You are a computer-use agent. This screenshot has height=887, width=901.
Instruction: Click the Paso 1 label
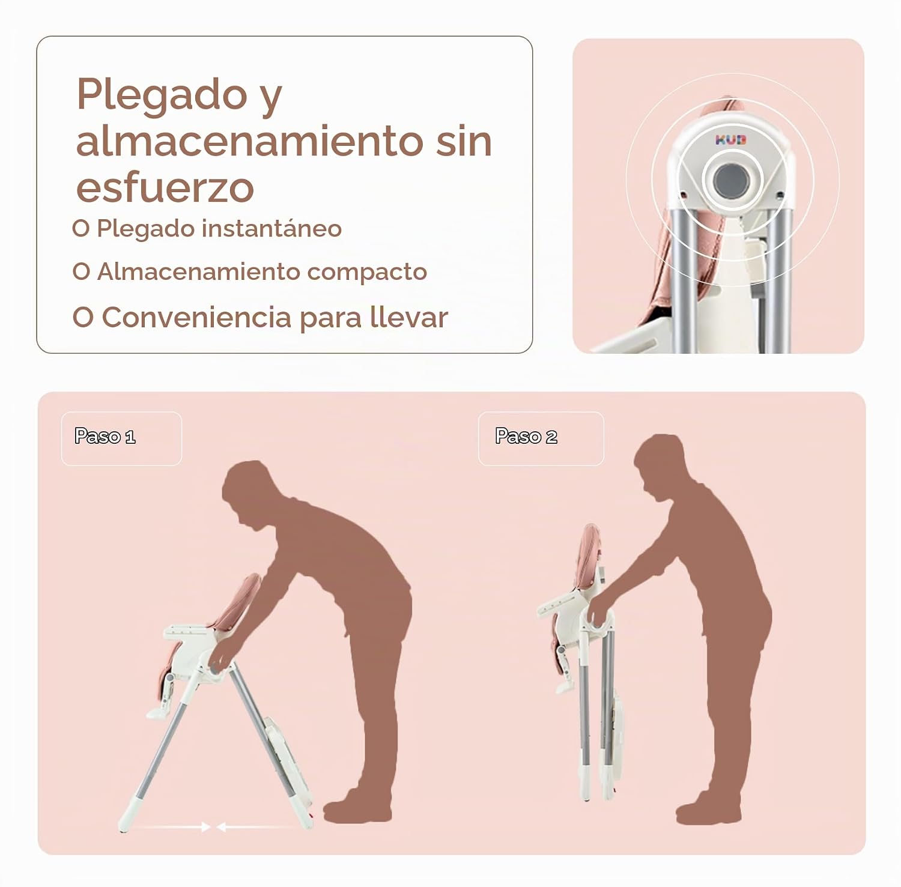click(105, 436)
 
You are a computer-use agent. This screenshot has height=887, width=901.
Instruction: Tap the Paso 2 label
click(526, 436)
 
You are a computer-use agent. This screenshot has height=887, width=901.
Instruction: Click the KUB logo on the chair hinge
click(731, 140)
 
